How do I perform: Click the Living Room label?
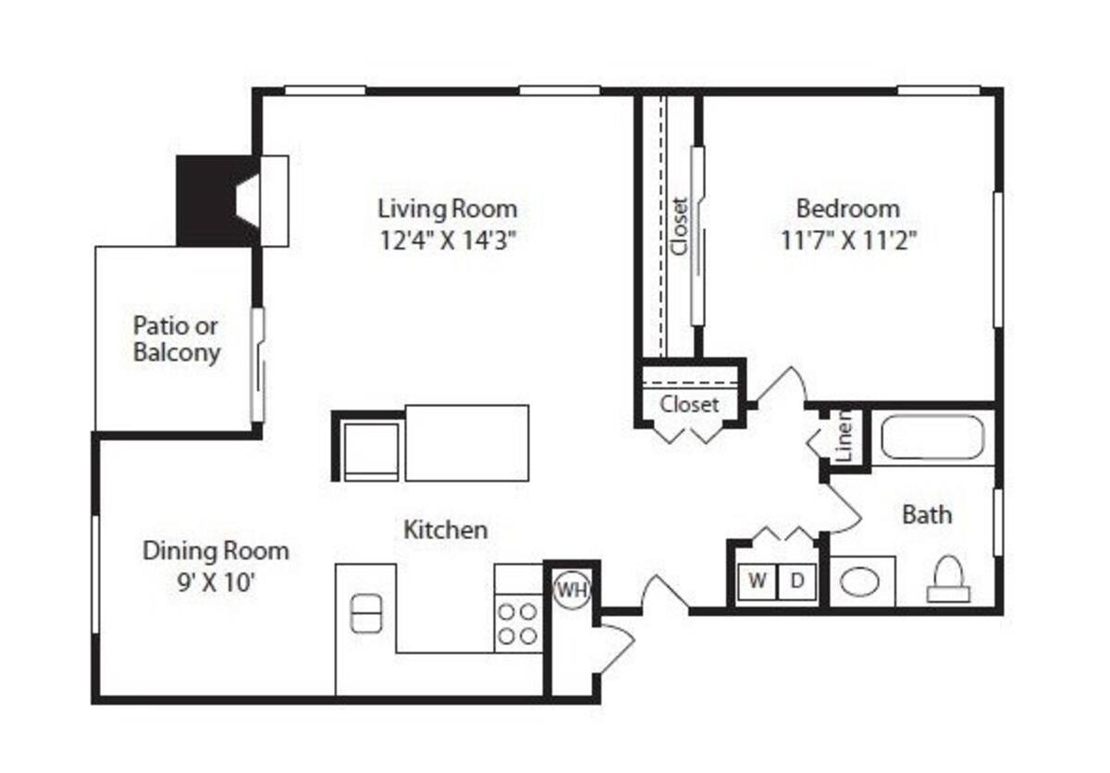click(447, 207)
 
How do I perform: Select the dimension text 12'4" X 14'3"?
click(447, 240)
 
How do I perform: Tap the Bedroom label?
click(847, 207)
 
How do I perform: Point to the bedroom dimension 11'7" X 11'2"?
click(847, 240)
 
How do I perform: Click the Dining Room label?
click(216, 552)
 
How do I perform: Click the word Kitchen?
click(445, 530)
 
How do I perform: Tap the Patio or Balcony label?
click(177, 338)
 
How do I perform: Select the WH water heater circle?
click(571, 590)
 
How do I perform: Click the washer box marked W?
click(757, 582)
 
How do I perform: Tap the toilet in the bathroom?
click(948, 581)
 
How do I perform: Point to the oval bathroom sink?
click(860, 582)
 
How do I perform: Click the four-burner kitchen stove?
click(517, 622)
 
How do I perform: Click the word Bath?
click(927, 515)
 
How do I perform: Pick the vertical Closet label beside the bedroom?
click(680, 227)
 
